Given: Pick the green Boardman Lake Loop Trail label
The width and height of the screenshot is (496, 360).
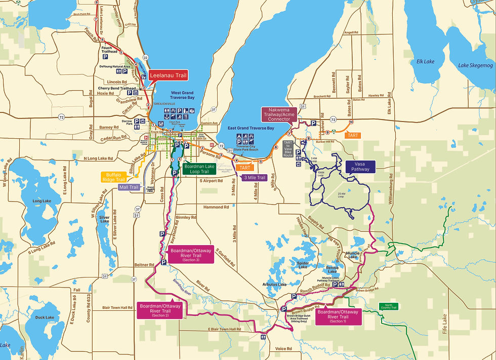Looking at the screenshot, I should coord(199,168).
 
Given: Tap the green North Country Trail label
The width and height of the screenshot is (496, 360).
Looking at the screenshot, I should coord(388,306).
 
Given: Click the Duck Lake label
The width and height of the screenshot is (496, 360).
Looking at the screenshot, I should coord(45,317).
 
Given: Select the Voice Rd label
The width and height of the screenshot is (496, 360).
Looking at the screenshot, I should coord(284,348).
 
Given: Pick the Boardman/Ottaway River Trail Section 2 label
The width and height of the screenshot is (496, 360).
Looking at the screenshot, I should coord(160,309).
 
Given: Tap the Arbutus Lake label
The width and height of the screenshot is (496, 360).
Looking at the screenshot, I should coord(275,285).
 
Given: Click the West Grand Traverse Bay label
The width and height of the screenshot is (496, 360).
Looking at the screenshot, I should coord(183,96).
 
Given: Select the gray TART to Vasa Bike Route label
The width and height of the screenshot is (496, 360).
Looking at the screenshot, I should coord(288,144).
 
